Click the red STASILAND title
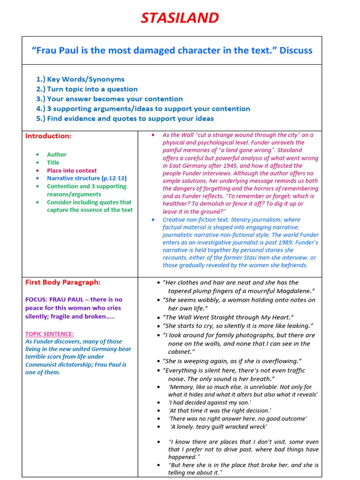[180, 18]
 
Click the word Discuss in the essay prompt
[296, 50]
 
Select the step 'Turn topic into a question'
[92, 89]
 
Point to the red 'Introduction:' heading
[48, 136]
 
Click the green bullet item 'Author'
[57, 154]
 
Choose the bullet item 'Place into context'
[72, 171]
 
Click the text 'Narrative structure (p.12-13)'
[87, 178]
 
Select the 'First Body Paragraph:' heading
[63, 282]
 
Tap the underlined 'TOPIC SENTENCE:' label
[50, 334]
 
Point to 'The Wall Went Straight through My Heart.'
[228, 317]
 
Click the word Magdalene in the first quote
[291, 291]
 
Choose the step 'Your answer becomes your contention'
[115, 99]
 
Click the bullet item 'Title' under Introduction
[53, 163]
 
